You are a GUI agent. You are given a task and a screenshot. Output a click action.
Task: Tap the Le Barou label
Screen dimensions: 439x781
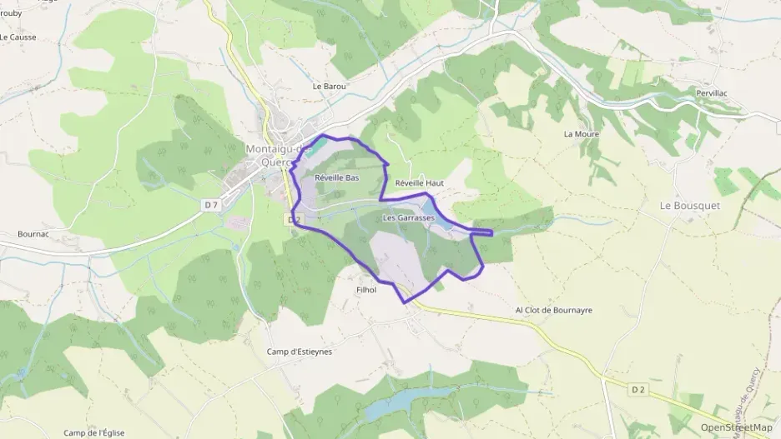[329, 86]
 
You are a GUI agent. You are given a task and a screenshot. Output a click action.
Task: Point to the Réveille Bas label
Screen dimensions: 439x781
[337, 177]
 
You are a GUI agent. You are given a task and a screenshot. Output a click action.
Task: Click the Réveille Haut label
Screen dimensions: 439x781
[419, 182]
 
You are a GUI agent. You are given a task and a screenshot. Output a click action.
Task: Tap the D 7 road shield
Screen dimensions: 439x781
[210, 204]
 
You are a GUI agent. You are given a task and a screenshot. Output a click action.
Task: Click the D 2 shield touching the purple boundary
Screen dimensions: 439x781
[293, 220]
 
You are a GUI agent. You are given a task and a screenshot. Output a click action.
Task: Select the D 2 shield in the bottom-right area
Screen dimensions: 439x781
[638, 389]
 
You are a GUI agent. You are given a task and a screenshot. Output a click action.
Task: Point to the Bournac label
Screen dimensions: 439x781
[34, 234]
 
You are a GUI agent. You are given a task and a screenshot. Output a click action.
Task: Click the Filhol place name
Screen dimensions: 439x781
[366, 290]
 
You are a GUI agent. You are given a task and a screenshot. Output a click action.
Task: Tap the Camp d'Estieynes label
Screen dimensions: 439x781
[299, 352]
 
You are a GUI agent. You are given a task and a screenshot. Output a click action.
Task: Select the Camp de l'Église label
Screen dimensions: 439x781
[99, 432]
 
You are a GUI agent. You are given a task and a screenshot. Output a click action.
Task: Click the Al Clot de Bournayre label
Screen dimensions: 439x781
[553, 310]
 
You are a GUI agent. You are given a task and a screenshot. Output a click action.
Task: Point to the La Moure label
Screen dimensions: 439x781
[582, 133]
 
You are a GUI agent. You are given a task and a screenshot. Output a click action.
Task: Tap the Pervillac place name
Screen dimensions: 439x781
[713, 93]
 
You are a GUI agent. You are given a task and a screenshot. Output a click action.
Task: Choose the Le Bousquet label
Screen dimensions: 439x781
[689, 205]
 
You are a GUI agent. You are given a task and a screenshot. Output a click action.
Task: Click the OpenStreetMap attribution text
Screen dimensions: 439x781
[736, 427]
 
